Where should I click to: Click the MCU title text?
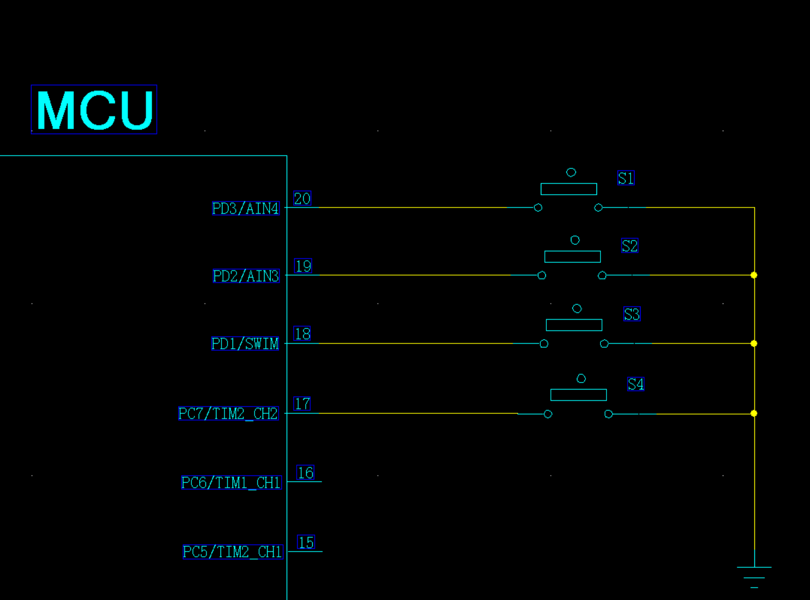[95, 110]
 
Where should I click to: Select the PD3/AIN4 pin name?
[246, 208]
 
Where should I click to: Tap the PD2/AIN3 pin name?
[246, 276]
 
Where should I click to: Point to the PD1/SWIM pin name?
[245, 344]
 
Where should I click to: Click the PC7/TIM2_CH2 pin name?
[228, 414]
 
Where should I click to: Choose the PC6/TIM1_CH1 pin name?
[231, 482]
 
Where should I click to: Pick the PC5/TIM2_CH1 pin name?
[233, 552]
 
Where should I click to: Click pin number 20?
[302, 198]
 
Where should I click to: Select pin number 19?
[303, 266]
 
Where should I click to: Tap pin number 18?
[302, 334]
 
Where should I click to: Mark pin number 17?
[302, 404]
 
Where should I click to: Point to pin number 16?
[305, 473]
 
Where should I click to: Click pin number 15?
[306, 542]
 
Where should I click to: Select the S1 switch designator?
[626, 178]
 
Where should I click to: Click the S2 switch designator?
[630, 245]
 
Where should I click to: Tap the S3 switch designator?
[632, 314]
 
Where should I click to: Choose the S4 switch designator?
[636, 384]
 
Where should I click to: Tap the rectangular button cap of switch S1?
[568, 189]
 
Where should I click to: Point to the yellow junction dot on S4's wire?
[754, 414]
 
